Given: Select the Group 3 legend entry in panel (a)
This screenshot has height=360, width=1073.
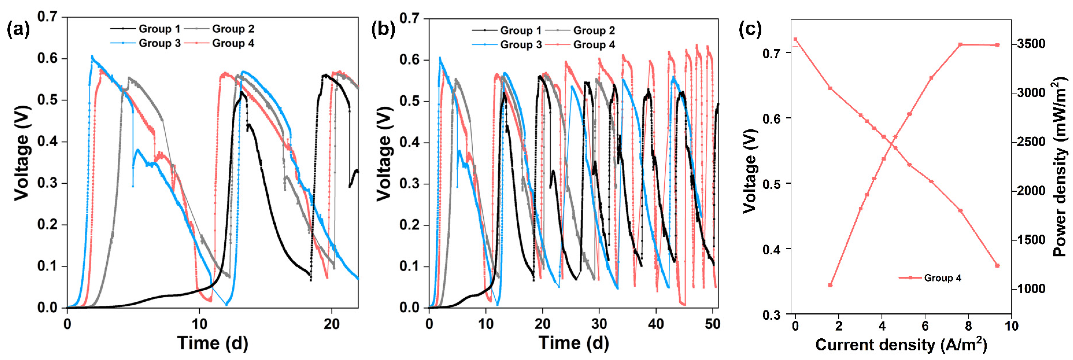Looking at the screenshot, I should (159, 43).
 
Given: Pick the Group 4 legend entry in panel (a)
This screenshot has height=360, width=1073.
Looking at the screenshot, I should (233, 43).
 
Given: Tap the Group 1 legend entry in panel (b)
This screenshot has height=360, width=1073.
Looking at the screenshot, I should (521, 31).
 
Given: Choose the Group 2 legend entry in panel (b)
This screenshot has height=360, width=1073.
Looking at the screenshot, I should (594, 31).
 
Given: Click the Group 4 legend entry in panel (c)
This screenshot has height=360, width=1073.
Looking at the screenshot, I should (942, 278).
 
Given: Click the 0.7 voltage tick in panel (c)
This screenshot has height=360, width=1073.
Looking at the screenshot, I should (772, 53).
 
